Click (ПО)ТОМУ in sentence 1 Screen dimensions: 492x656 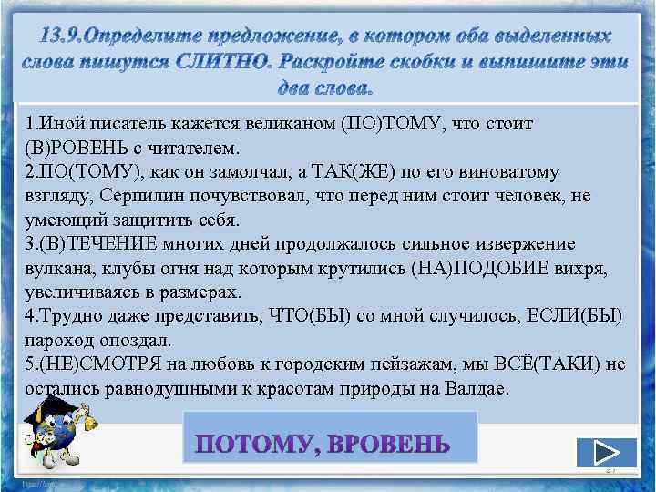386,123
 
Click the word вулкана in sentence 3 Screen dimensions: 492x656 55,269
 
